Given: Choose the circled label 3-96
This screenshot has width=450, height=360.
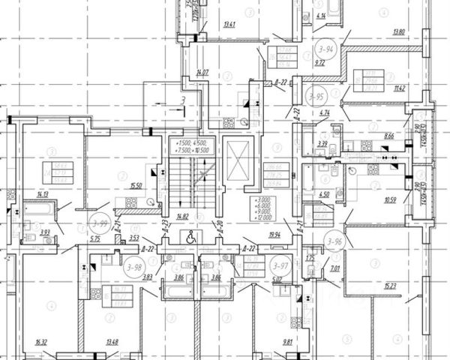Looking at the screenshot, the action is (x=333, y=241).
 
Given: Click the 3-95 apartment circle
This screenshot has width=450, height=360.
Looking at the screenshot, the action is (x=315, y=97).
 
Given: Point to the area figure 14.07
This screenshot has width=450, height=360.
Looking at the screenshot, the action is (x=202, y=73).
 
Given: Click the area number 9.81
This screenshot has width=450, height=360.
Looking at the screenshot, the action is (x=288, y=343).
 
